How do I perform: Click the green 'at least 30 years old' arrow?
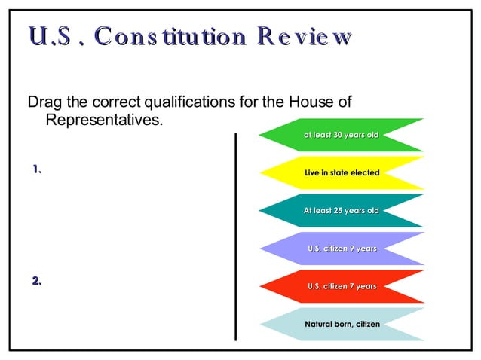tap(341, 135)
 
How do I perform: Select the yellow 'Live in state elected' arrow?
tap(341, 173)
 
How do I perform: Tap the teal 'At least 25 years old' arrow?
tap(341, 211)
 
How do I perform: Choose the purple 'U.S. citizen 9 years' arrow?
tap(341, 249)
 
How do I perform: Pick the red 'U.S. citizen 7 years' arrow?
tap(341, 286)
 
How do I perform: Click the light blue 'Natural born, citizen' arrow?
tap(341, 324)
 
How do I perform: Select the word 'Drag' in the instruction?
tap(44, 102)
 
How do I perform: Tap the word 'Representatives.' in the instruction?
tap(104, 120)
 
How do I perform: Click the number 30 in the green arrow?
tap(339, 135)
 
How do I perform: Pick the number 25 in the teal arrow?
tap(339, 211)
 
